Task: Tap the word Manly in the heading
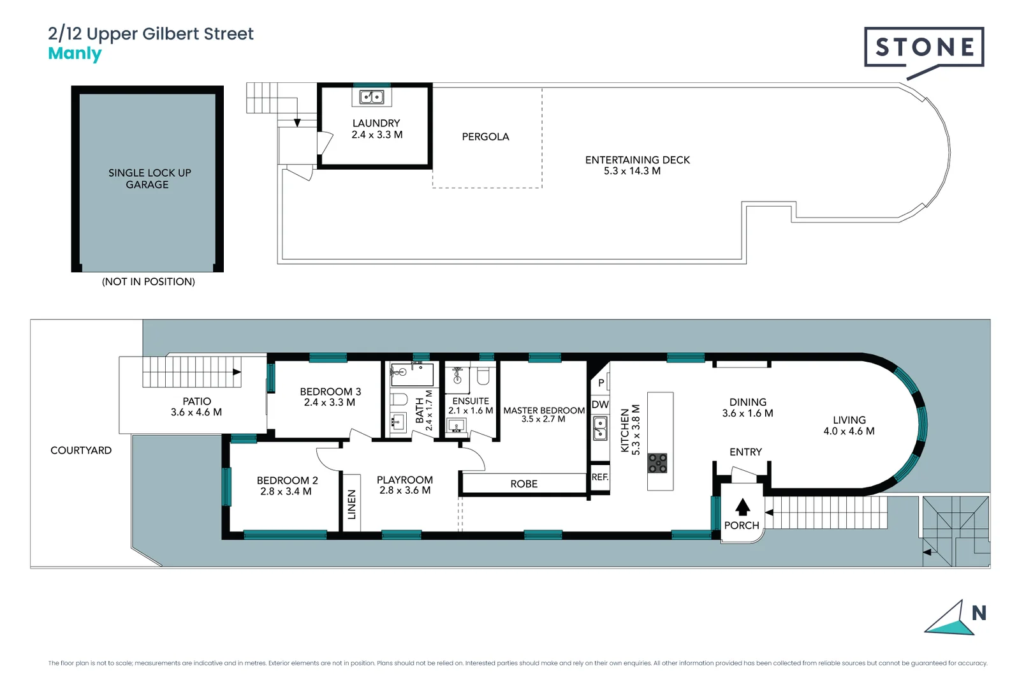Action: (75, 54)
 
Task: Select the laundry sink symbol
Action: (372, 97)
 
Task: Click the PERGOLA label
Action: (485, 137)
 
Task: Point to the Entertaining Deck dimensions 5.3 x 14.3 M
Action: (632, 171)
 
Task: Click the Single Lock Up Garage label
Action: (149, 179)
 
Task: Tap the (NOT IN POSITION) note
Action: (148, 281)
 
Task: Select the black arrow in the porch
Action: (742, 507)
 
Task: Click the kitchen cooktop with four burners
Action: (657, 463)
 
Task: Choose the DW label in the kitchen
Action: (599, 404)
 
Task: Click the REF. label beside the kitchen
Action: (599, 477)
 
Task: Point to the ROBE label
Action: (524, 484)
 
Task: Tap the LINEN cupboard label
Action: (351, 504)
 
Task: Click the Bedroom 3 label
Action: (330, 392)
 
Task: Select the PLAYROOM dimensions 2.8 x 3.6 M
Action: (404, 491)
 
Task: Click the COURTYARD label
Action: (81, 450)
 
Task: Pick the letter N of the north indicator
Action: (978, 614)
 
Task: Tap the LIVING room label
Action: (849, 420)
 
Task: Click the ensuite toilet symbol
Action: (483, 376)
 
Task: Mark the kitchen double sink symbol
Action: (600, 429)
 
